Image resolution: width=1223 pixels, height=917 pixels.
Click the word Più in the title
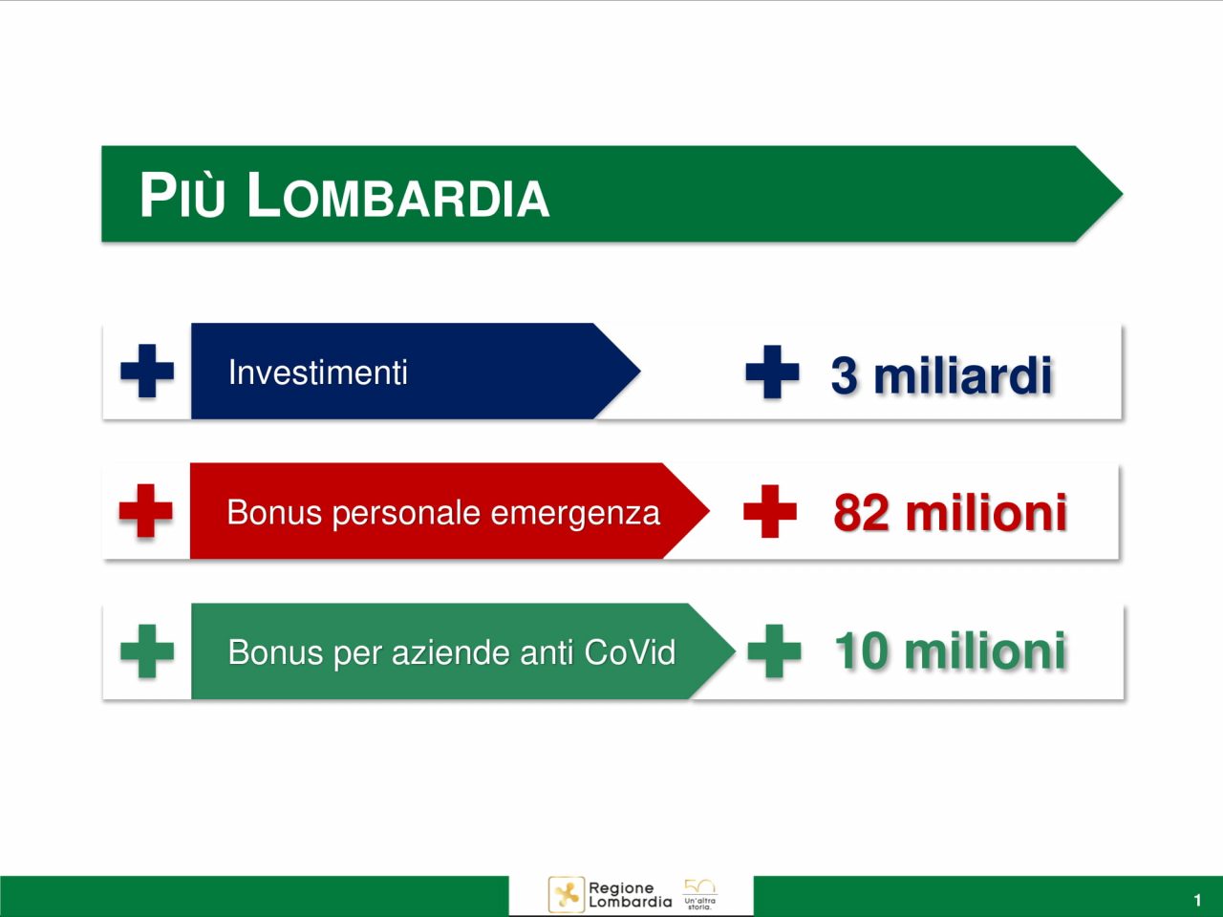(182, 195)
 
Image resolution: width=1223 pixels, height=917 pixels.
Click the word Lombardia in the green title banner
(397, 195)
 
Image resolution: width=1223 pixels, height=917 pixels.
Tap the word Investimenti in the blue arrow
(317, 372)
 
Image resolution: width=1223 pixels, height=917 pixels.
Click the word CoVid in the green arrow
(630, 651)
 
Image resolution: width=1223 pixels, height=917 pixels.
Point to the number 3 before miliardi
(844, 375)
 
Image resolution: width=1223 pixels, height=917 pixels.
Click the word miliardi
(962, 375)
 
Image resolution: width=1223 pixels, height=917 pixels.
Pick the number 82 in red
(861, 513)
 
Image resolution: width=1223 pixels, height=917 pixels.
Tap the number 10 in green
(862, 650)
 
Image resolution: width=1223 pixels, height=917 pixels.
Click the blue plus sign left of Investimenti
(147, 371)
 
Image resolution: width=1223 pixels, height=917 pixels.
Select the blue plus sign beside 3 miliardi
(772, 372)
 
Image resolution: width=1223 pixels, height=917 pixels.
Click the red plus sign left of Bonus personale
(146, 510)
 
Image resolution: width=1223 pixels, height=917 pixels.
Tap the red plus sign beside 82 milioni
(770, 511)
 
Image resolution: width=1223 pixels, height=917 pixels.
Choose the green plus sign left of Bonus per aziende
(147, 650)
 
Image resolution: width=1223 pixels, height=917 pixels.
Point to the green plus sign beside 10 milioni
(775, 650)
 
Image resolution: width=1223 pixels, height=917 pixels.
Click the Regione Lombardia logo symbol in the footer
(567, 895)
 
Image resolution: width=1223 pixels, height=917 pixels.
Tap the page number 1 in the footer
(1197, 901)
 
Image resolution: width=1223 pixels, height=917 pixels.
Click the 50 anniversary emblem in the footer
(699, 895)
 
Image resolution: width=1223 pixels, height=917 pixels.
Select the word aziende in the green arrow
(451, 652)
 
